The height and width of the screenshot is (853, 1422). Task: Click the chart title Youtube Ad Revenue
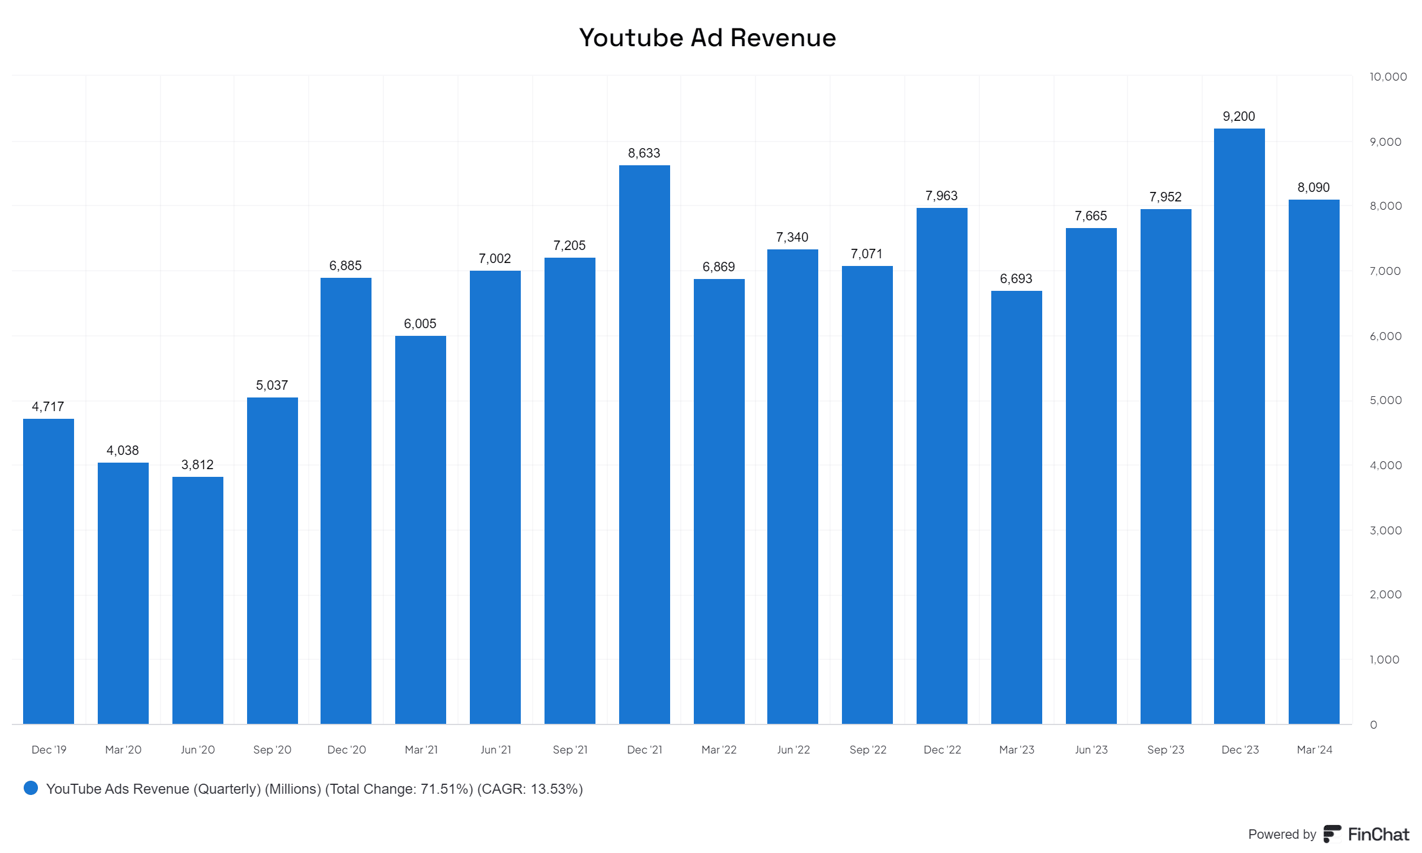[707, 38]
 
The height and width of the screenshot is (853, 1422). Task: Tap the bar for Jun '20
[197, 599]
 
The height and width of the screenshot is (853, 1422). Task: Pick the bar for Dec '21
[644, 444]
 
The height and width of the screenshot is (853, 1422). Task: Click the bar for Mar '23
[1016, 507]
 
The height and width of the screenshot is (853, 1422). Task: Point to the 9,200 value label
[1239, 117]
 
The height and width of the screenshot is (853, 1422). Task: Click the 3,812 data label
[197, 465]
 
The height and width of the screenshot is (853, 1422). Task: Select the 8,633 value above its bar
[644, 153]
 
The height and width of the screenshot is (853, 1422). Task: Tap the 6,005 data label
[420, 324]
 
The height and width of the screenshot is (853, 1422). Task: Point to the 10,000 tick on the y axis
[1388, 77]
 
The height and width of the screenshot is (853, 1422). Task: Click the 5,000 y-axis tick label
[1385, 400]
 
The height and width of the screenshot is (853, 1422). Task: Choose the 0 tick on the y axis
[1373, 725]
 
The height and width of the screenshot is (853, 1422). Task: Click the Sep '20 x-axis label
[272, 750]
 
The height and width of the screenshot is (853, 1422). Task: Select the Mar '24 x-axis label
[1314, 750]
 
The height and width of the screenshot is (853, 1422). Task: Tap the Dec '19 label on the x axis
[49, 750]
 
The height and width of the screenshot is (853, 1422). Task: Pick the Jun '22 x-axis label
[793, 750]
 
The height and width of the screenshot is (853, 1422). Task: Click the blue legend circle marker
[31, 788]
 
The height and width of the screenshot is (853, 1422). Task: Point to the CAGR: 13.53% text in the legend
[530, 789]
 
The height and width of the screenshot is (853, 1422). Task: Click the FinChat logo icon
[1333, 834]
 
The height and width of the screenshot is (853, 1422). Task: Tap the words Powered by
[1282, 835]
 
